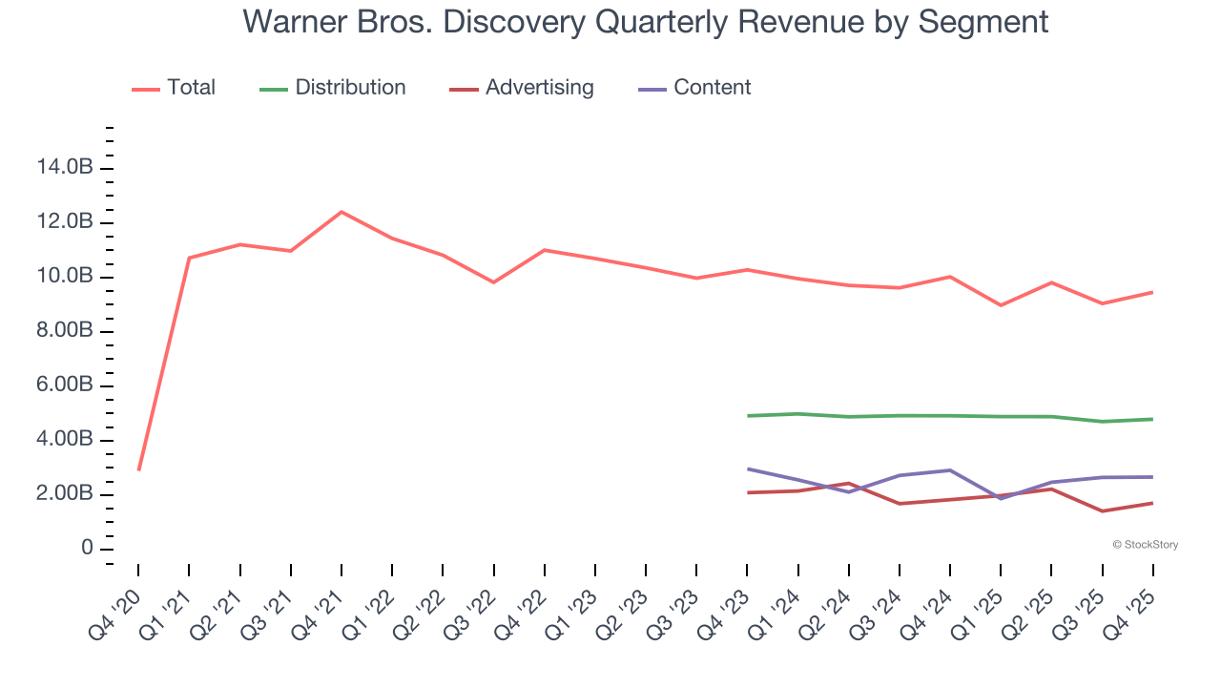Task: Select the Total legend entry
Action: [174, 88]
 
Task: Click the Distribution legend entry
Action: [333, 88]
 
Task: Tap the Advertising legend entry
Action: [522, 88]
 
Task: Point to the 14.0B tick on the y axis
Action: [64, 168]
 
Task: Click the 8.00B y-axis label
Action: [64, 331]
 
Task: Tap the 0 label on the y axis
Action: [87, 549]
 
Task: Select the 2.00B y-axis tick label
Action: [64, 494]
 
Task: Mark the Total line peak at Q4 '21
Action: [341, 212]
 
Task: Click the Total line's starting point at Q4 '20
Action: [139, 469]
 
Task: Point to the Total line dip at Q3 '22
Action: [493, 282]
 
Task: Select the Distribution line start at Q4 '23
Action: [748, 416]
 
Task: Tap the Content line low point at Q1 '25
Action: [1001, 498]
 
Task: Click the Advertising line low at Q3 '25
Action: [1103, 510]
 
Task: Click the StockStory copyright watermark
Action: [1145, 545]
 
